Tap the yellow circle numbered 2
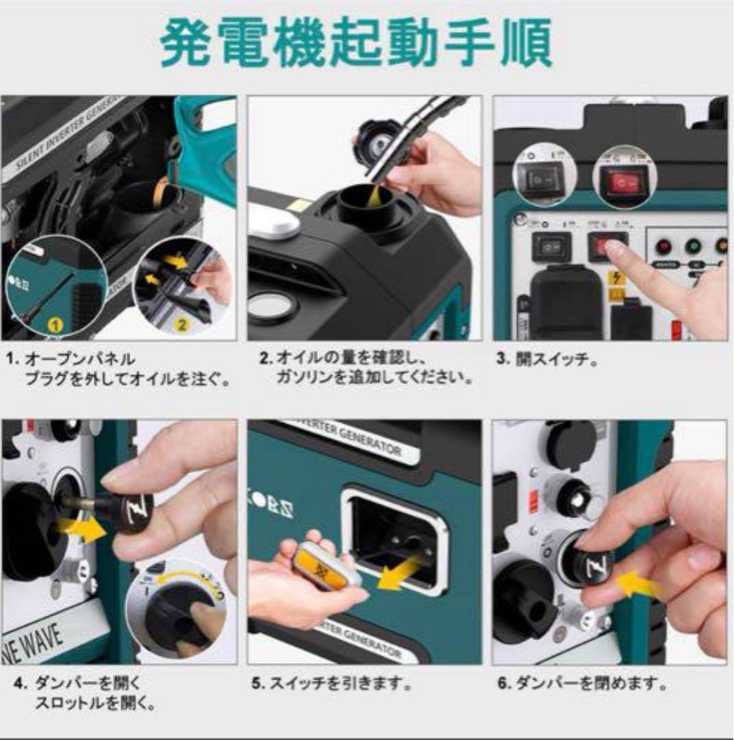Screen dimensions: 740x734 (181, 324)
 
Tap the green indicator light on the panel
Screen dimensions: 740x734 (692, 245)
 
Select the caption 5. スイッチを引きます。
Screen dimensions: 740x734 (331, 684)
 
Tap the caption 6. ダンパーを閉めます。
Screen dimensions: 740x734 (582, 684)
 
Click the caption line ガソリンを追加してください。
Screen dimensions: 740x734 (375, 378)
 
